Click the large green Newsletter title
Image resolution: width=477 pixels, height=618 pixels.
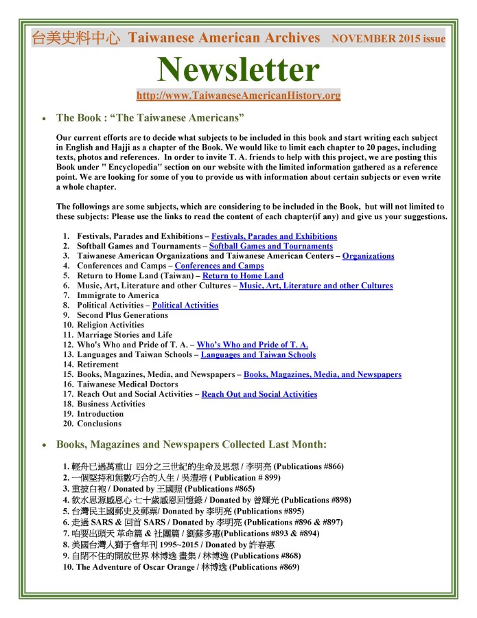click(x=238, y=69)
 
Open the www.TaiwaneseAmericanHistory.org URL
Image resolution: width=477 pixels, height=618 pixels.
click(x=238, y=95)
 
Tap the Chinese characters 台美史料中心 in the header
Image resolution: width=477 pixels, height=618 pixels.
click(x=76, y=38)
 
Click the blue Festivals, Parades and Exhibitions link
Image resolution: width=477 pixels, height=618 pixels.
click(x=274, y=236)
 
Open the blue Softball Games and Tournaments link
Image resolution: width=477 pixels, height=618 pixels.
click(x=270, y=246)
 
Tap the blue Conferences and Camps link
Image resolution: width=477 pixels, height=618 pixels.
click(x=219, y=266)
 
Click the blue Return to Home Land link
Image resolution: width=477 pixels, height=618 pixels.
click(x=243, y=275)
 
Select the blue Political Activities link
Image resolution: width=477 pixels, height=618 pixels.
click(x=185, y=305)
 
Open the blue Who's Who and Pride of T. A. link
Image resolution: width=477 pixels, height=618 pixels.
click(x=252, y=345)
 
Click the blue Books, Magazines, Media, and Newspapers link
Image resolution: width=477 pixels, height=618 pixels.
click(x=322, y=374)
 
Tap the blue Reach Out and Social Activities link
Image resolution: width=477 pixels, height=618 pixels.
click(x=259, y=394)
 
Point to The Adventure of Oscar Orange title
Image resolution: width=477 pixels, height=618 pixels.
click(x=142, y=566)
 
